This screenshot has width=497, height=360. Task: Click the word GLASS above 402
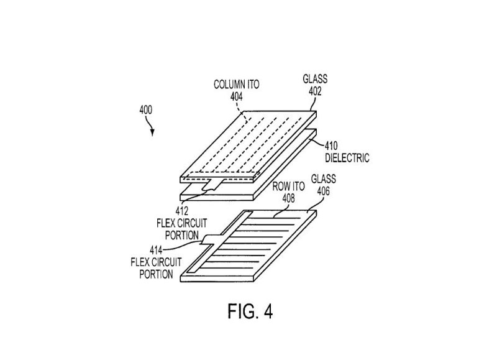[x=314, y=79]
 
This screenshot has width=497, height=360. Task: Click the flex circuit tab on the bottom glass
[x=209, y=238]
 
